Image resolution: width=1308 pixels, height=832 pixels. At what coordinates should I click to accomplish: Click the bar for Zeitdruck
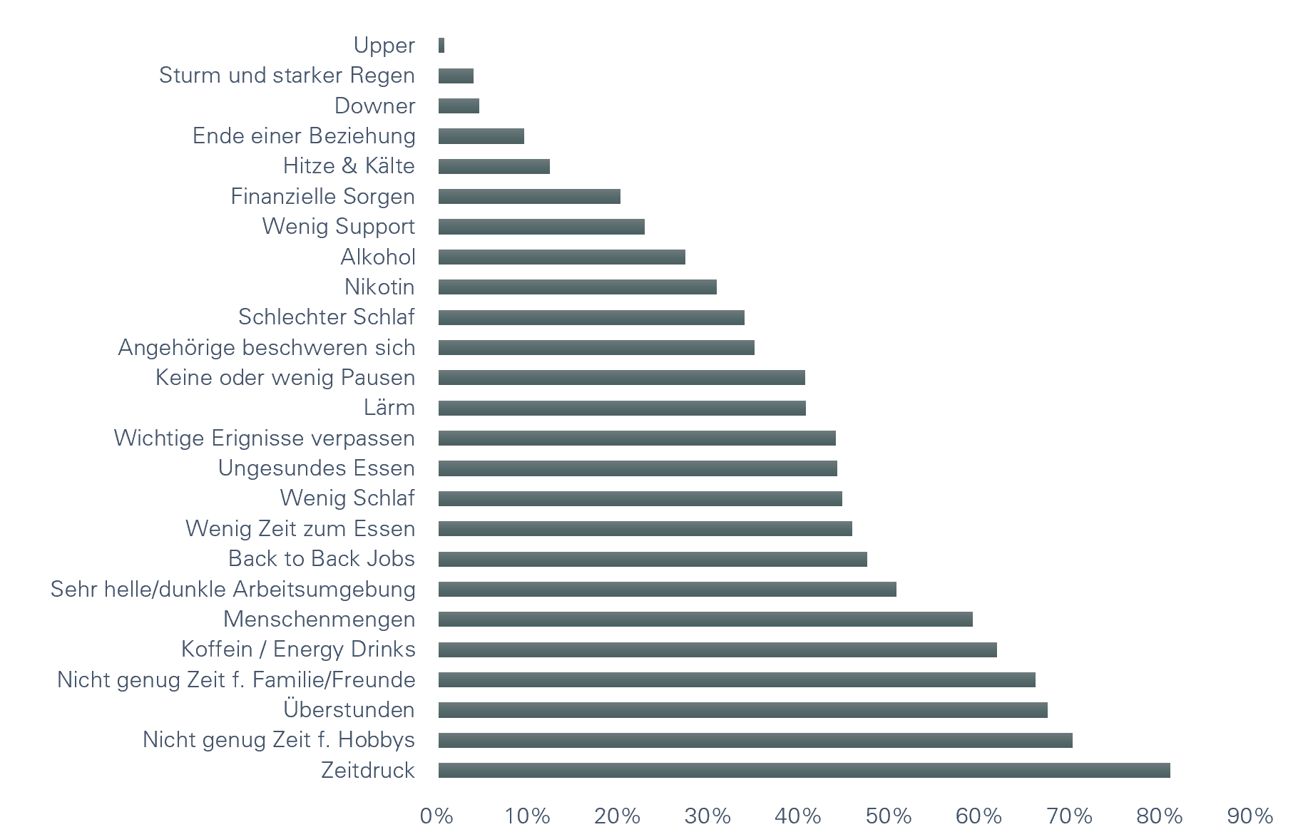[804, 770]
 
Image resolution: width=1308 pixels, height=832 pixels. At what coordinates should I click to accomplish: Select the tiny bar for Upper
[441, 45]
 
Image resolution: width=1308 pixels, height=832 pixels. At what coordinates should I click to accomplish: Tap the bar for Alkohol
[561, 257]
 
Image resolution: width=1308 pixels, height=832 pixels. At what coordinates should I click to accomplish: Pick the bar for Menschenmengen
[705, 619]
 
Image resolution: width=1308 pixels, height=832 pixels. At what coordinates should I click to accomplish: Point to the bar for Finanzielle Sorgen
[529, 196]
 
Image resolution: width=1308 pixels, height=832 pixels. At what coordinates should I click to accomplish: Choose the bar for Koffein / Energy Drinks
[717, 649]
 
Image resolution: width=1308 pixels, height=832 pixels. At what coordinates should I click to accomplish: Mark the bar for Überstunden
[742, 709]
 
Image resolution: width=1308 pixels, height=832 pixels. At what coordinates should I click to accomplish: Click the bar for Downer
[459, 106]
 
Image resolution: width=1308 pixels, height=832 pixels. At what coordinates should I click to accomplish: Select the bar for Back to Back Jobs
[653, 559]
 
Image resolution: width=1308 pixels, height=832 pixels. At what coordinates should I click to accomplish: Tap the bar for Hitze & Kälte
[494, 166]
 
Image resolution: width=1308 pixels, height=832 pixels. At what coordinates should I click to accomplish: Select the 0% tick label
[436, 816]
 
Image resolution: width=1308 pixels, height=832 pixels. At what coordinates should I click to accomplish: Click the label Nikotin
[379, 287]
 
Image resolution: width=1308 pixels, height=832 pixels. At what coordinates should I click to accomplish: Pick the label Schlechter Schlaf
[326, 317]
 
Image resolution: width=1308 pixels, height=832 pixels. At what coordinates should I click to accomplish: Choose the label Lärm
[389, 407]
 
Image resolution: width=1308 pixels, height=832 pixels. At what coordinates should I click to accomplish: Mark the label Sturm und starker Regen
[287, 75]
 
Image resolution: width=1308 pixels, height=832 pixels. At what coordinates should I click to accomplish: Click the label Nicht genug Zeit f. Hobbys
[278, 739]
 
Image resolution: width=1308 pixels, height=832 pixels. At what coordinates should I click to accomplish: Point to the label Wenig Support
[338, 226]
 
